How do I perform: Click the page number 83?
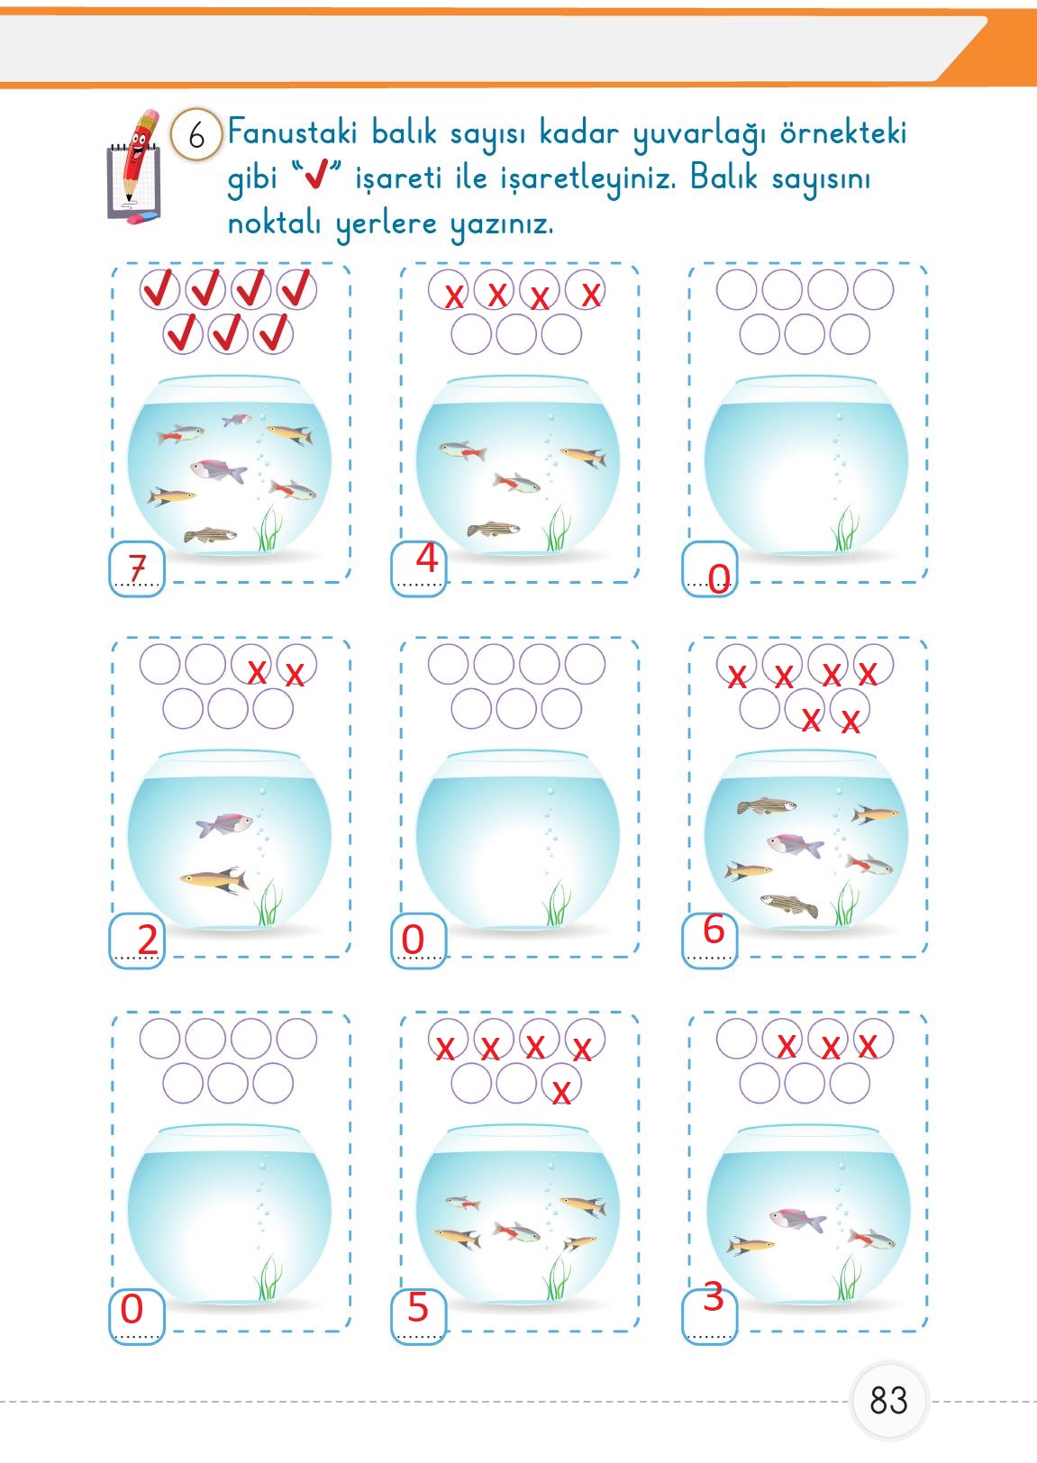point(888,1400)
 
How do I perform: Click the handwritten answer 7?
point(137,568)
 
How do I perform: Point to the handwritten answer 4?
point(426,559)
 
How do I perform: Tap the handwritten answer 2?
point(147,940)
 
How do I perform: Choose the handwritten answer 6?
point(713,930)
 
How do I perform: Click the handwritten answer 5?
point(417,1307)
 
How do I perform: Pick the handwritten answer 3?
point(713,1297)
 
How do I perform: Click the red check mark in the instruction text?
point(315,178)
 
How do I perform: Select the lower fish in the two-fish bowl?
point(214,879)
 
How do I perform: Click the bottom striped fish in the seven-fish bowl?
point(211,536)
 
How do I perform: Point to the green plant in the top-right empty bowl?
point(845,529)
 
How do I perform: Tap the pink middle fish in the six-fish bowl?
point(795,845)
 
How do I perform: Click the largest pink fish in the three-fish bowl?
point(797,1220)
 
